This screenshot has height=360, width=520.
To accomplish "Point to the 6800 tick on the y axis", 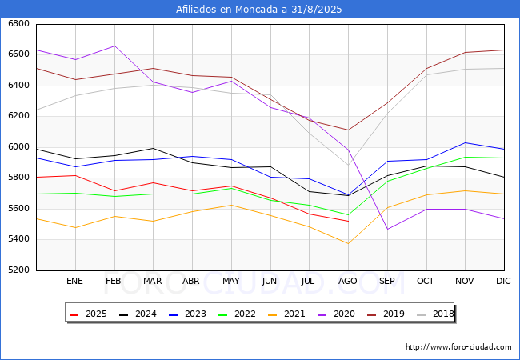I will [x=18, y=24].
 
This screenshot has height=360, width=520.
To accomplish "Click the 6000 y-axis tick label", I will [x=18, y=147].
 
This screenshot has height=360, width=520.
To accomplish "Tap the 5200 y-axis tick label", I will [x=18, y=270].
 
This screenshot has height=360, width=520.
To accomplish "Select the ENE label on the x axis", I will [x=74, y=281].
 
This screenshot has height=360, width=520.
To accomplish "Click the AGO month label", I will [x=348, y=281].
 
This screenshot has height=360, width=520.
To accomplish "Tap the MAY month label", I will [x=230, y=281].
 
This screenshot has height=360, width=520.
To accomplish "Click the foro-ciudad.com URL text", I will [x=458, y=347].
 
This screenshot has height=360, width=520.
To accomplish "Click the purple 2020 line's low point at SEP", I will [x=387, y=230].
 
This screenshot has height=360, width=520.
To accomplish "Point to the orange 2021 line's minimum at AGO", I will [x=348, y=244].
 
